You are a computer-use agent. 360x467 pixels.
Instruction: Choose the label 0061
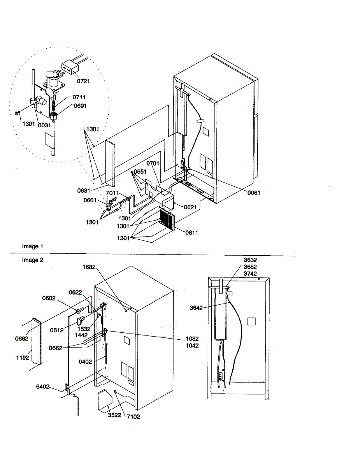pyautogui.click(x=253, y=193)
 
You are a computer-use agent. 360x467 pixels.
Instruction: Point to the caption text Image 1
pyautogui.click(x=33, y=246)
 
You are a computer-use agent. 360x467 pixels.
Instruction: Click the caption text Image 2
pyautogui.click(x=33, y=260)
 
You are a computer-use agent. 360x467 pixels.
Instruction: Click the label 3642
pyautogui.click(x=197, y=307)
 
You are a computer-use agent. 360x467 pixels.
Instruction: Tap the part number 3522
pyautogui.click(x=114, y=415)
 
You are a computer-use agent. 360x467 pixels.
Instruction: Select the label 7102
pyautogui.click(x=133, y=417)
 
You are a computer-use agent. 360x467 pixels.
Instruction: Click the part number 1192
pyautogui.click(x=23, y=357)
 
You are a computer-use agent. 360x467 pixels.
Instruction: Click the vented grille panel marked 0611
pyautogui.click(x=167, y=220)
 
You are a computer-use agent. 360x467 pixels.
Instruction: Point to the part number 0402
pyautogui.click(x=86, y=362)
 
